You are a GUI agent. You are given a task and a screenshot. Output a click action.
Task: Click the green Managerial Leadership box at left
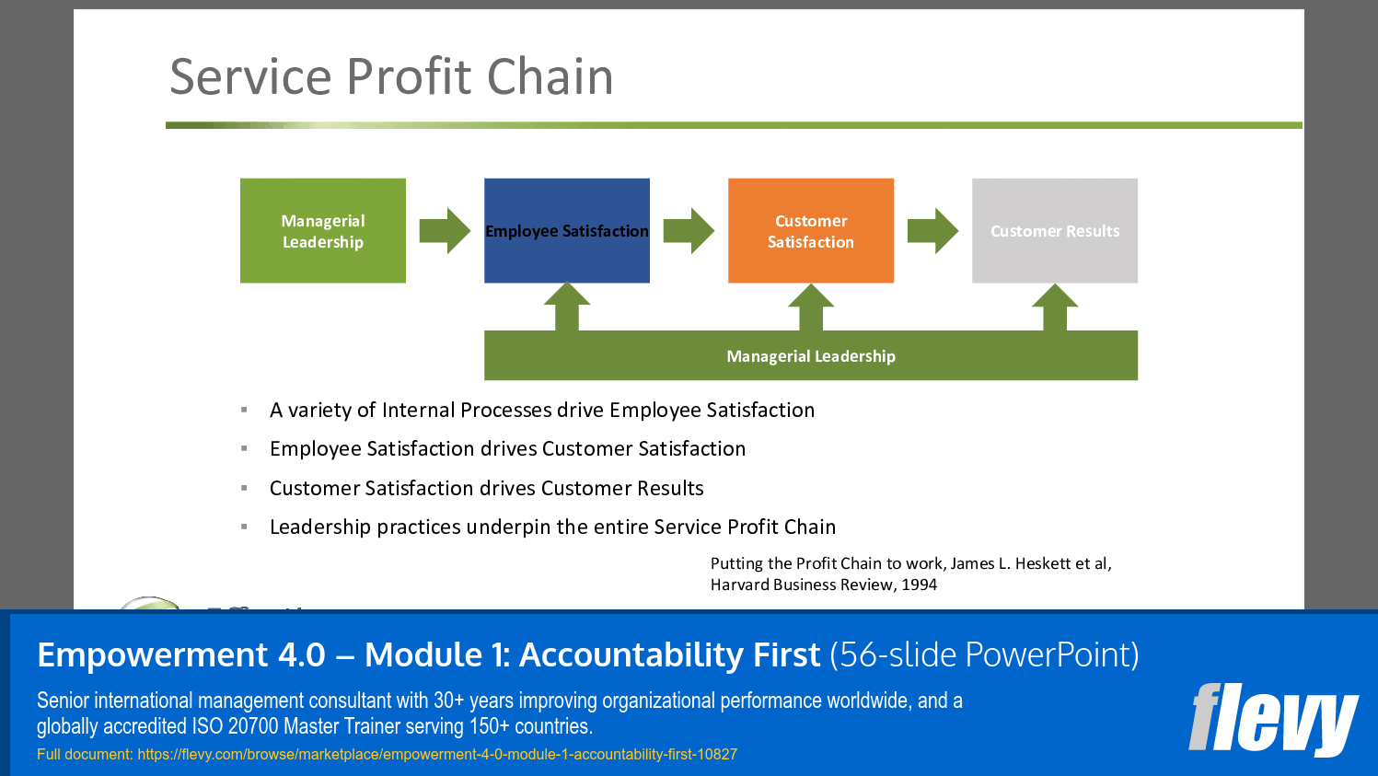(x=322, y=231)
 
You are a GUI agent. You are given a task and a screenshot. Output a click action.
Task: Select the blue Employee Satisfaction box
(x=566, y=231)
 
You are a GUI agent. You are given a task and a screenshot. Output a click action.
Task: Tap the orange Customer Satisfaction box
(x=810, y=231)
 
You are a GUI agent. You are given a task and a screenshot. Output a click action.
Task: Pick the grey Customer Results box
(x=1054, y=231)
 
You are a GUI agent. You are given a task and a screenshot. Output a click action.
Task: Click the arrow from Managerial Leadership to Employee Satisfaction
(x=445, y=231)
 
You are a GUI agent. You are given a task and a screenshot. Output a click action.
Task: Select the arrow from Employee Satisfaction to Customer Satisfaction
(x=689, y=231)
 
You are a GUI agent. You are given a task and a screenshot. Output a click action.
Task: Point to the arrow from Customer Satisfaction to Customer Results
(x=932, y=231)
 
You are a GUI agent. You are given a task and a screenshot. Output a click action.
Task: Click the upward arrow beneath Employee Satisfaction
(x=567, y=307)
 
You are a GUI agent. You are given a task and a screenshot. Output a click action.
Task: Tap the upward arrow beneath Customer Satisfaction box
(x=811, y=307)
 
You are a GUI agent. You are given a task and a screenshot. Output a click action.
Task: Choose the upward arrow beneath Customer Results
(x=1055, y=307)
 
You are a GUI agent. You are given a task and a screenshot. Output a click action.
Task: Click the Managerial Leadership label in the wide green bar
(x=810, y=356)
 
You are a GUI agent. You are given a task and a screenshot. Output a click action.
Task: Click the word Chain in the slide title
(x=550, y=76)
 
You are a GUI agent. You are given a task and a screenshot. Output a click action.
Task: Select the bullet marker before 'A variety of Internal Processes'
(x=244, y=410)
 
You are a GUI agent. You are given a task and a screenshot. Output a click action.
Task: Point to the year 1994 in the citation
(x=919, y=585)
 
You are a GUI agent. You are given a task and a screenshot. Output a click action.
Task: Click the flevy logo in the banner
(x=1273, y=719)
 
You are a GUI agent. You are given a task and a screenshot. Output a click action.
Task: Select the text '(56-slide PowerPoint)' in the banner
(x=984, y=654)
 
